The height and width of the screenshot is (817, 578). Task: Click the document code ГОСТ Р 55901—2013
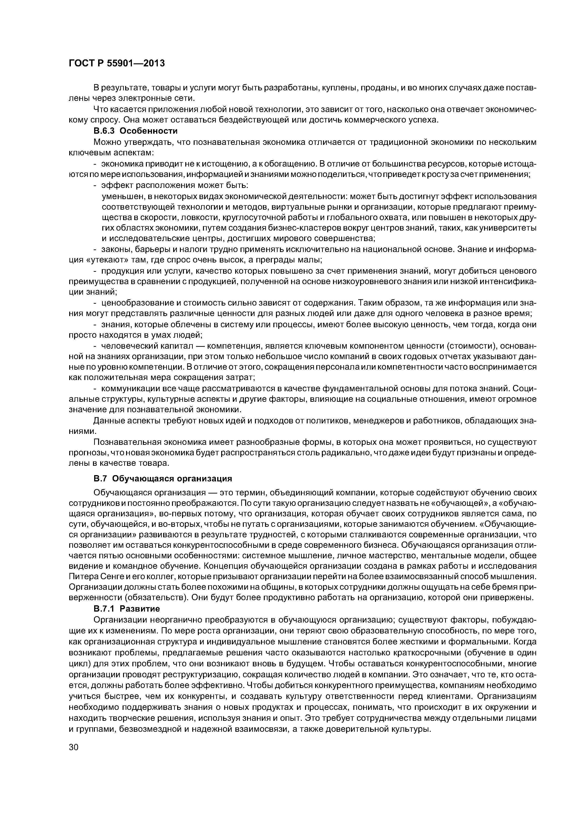pyautogui.click(x=117, y=63)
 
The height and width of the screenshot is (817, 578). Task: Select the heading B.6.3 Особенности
pyautogui.click(x=135, y=131)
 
